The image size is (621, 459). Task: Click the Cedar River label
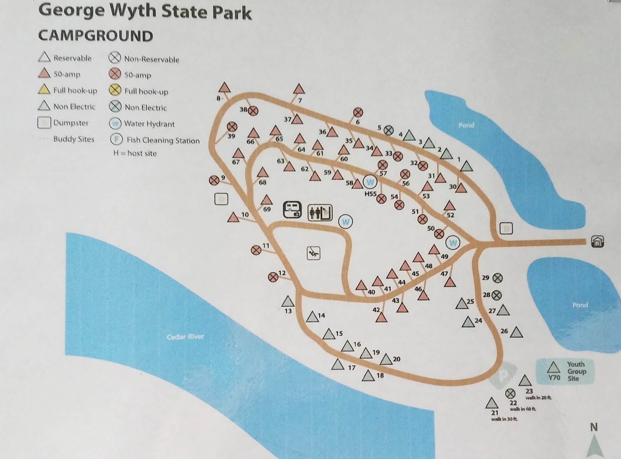[x=185, y=337]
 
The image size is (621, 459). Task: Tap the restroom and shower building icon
[x=320, y=213]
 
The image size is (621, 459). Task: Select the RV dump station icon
[x=292, y=210]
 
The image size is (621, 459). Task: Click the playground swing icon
[x=313, y=253]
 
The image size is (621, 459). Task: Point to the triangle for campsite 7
[x=299, y=89]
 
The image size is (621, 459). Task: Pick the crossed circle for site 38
[x=253, y=111]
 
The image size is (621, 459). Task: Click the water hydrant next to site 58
[x=370, y=182]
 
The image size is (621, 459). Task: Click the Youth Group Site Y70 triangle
[x=553, y=368]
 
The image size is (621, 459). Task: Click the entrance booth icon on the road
[x=597, y=242]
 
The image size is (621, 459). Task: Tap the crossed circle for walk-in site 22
[x=510, y=393]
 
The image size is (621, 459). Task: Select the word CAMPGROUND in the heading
[x=95, y=36]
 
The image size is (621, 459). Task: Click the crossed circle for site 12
[x=273, y=277]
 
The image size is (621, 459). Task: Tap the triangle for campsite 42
[x=381, y=318]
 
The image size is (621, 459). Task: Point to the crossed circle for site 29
[x=498, y=278]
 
